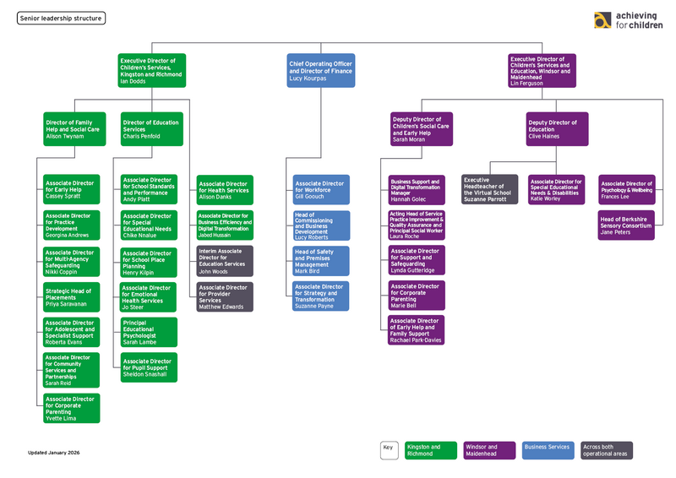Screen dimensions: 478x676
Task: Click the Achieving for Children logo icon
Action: pos(602,21)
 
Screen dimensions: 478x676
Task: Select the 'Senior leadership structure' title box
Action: pos(62,18)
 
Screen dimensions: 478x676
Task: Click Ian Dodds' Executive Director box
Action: pos(152,71)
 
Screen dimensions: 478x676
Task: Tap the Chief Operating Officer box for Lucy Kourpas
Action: pos(320,71)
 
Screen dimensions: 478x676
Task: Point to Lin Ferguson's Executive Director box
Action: pos(542,71)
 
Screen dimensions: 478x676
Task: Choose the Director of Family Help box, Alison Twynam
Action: pos(73,129)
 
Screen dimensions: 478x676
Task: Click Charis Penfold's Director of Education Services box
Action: pos(151,129)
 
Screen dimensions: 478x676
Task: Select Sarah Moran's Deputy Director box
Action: pos(421,129)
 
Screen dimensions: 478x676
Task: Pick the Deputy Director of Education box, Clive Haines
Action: pos(557,129)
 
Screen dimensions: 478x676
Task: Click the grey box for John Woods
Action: pos(225,261)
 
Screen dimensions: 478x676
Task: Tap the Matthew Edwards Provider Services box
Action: pos(225,296)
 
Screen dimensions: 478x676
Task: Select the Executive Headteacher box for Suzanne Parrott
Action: pos(489,190)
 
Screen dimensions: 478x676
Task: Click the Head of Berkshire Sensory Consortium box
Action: pos(626,225)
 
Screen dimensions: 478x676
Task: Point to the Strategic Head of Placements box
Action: pos(72,297)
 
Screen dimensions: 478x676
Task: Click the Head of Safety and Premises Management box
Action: pos(320,261)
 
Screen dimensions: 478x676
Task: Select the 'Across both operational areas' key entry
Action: pos(606,450)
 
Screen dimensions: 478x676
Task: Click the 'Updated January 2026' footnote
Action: pos(53,453)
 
